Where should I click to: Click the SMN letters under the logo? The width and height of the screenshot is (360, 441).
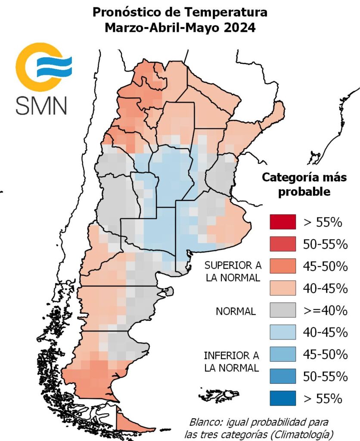(x=41, y=105)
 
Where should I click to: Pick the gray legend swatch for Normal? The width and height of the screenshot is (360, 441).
(x=282, y=310)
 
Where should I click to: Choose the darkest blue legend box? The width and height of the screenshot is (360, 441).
(x=282, y=398)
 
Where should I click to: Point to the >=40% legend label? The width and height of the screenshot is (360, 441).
(x=323, y=310)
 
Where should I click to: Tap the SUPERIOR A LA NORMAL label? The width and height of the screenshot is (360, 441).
(x=233, y=271)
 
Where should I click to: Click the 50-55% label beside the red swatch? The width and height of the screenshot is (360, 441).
(x=324, y=244)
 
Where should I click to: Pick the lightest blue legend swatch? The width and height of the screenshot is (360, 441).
(x=282, y=332)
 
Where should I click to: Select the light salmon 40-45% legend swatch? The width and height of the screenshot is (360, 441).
(x=282, y=288)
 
